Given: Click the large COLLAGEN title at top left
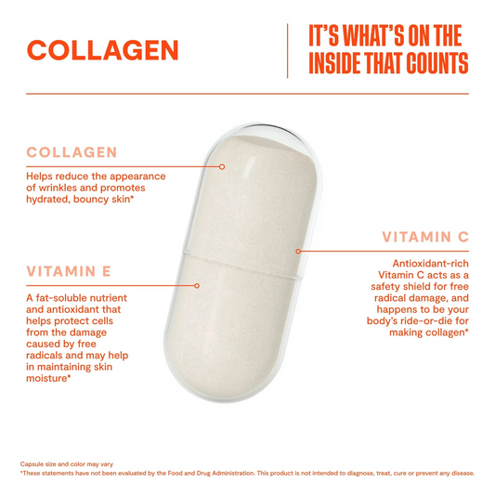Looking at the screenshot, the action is [x=103, y=50].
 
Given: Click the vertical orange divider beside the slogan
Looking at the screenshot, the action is [x=287, y=51].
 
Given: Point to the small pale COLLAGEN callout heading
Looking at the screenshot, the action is [x=72, y=152].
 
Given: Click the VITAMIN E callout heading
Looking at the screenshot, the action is [x=69, y=271].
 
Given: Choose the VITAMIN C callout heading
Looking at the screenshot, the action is [x=425, y=237].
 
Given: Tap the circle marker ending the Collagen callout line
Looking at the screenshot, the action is [x=222, y=166].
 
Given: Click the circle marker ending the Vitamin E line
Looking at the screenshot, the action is [x=197, y=286].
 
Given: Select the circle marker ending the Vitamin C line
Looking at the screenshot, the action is [x=298, y=252].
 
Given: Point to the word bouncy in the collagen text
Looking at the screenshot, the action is [x=95, y=200].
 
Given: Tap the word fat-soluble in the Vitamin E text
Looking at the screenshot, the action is [x=60, y=298].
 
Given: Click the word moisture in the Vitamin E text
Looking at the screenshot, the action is [x=46, y=378].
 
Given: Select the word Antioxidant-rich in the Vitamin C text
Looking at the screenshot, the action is [x=431, y=263].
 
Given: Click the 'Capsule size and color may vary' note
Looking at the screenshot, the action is [x=67, y=464].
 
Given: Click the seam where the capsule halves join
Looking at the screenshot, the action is [x=241, y=264].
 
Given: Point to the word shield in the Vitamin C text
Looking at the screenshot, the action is [x=413, y=286].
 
